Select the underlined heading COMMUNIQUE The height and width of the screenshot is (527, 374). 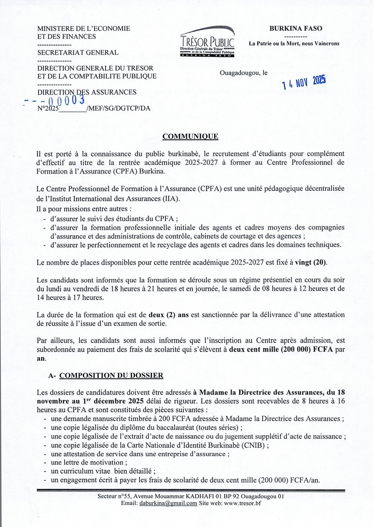(190, 136)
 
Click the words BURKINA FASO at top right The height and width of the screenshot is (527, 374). (296, 29)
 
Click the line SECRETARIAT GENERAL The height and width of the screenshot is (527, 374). (78, 53)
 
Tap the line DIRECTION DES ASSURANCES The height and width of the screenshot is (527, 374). (87, 92)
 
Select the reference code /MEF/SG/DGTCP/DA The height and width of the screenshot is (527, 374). (118, 109)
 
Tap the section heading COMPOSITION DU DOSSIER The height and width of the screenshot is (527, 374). (111, 375)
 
